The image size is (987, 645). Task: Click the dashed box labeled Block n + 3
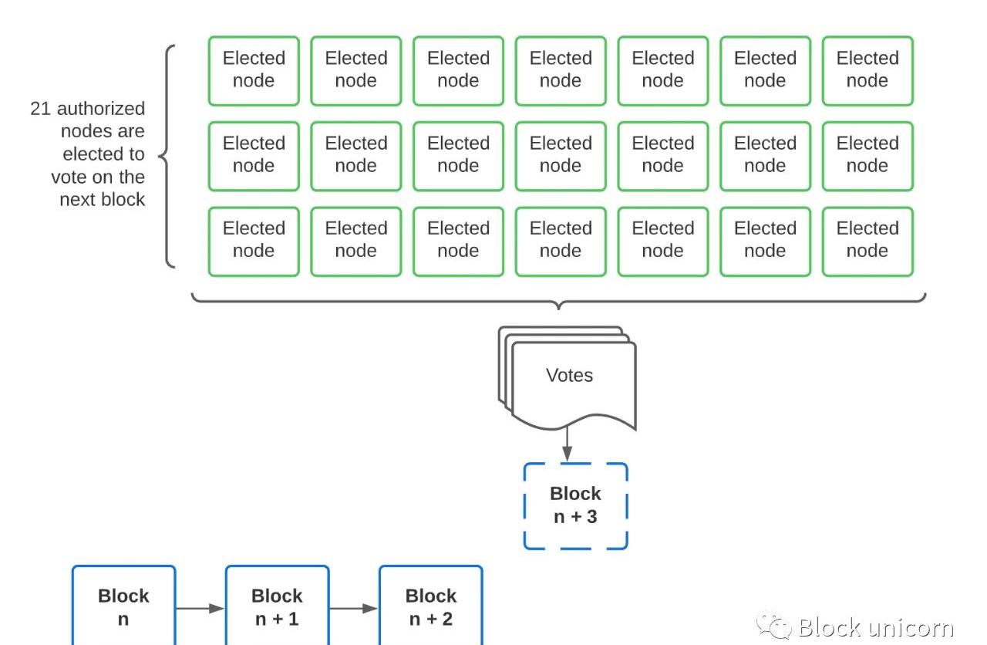click(575, 506)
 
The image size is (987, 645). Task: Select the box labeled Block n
click(123, 606)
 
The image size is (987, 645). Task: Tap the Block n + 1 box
click(277, 606)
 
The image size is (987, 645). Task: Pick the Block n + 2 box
click(430, 606)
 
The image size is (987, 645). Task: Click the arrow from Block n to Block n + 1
click(200, 609)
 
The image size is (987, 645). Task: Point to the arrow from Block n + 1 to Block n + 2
click(353, 609)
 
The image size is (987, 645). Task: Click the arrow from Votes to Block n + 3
click(567, 446)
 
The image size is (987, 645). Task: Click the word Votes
click(569, 376)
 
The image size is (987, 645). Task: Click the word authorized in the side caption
click(100, 109)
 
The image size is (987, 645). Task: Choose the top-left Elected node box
click(254, 70)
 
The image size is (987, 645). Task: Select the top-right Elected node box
click(867, 70)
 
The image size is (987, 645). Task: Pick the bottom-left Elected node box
click(254, 241)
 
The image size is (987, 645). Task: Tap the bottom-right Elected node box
click(867, 241)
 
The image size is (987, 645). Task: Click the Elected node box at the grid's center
click(561, 156)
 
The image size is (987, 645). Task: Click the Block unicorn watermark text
click(875, 626)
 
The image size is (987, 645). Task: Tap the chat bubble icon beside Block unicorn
click(773, 625)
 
